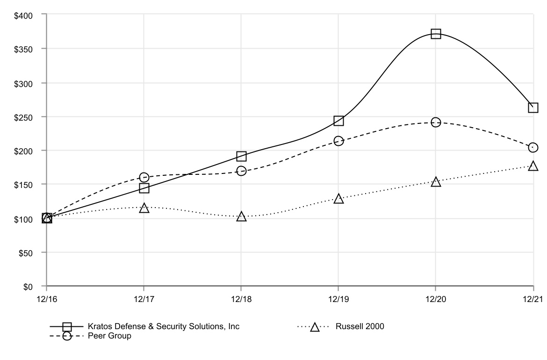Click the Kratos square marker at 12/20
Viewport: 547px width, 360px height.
tap(436, 34)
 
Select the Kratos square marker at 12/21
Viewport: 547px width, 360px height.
tap(533, 108)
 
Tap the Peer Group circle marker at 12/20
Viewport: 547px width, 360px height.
tap(436, 122)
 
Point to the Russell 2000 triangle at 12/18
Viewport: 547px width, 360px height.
tap(241, 216)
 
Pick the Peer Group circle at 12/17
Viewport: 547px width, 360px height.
tap(144, 177)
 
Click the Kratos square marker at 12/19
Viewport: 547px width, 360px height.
tap(338, 121)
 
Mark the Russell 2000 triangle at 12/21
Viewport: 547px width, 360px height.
tap(533, 166)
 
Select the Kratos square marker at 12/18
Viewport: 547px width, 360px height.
tap(241, 156)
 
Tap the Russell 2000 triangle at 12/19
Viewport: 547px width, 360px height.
tap(338, 199)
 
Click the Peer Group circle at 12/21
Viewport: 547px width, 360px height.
tap(533, 148)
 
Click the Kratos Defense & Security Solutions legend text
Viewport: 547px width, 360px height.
tap(164, 326)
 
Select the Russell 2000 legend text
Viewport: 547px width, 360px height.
tap(360, 326)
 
